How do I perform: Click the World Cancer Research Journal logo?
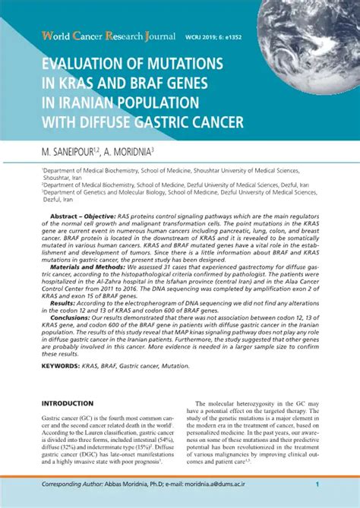click(x=99, y=36)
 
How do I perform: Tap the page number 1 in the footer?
click(x=317, y=485)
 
